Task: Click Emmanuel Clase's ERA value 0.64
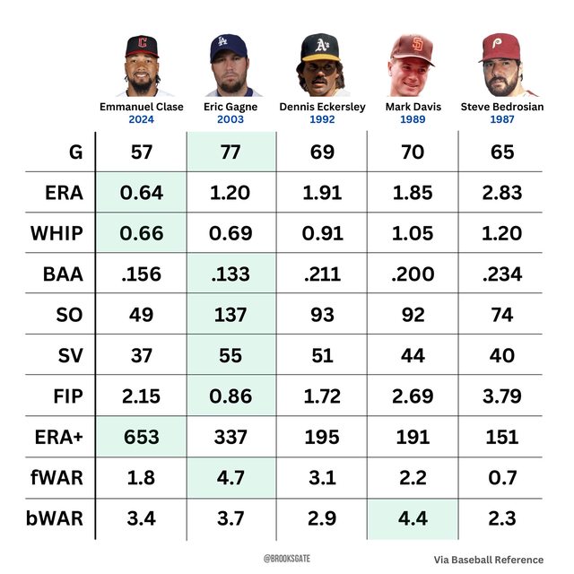point(141,193)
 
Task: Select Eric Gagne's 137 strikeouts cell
point(231,315)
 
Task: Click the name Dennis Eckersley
point(322,107)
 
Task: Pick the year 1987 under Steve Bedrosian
point(503,118)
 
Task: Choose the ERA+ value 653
point(141,437)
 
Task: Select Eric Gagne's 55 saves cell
point(231,356)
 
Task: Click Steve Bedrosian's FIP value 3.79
point(503,396)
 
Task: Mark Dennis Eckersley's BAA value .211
point(322,274)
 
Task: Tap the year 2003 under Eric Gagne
point(231,118)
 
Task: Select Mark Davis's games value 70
point(413,152)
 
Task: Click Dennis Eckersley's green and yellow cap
point(321,46)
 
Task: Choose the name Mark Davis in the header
point(413,107)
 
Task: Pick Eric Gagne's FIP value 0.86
point(231,396)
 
